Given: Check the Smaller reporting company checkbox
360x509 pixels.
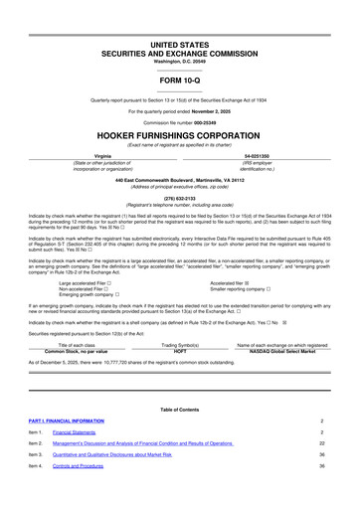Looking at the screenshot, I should (271, 274).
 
